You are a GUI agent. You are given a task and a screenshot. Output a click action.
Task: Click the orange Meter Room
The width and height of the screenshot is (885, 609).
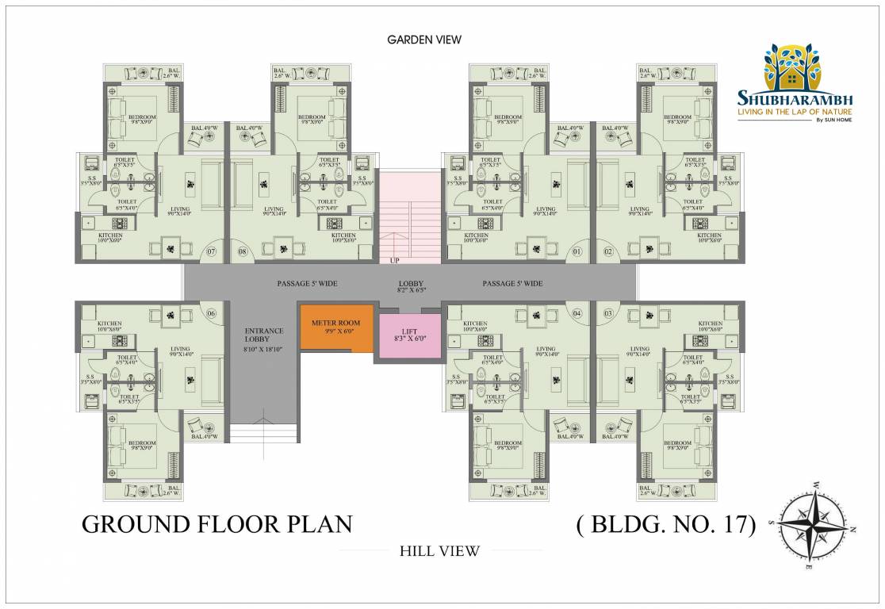click(335, 328)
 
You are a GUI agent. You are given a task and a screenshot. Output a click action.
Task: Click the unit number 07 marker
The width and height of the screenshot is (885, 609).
click(211, 252)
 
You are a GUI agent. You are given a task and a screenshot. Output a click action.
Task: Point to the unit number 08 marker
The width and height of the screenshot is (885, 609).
click(243, 252)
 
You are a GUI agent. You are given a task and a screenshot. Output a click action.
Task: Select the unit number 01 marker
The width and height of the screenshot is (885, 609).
click(577, 252)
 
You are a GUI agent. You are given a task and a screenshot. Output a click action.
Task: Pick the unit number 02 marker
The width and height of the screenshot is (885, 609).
click(609, 252)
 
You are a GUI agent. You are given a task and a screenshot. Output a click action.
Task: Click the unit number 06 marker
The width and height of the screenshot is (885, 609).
click(211, 312)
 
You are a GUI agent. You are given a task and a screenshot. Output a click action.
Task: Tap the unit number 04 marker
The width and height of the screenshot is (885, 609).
click(577, 312)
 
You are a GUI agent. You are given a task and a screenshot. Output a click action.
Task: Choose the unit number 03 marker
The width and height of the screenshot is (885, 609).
click(609, 312)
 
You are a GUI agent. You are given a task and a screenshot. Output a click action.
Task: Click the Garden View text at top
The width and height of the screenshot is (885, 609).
click(423, 39)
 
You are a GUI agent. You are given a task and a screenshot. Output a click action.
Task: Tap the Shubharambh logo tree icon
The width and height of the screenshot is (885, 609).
click(793, 67)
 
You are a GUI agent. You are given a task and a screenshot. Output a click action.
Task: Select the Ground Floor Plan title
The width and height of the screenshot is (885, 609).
click(216, 524)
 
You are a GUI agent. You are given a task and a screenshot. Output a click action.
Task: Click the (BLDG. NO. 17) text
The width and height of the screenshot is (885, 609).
click(664, 524)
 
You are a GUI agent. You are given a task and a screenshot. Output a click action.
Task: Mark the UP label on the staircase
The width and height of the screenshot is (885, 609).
click(393, 260)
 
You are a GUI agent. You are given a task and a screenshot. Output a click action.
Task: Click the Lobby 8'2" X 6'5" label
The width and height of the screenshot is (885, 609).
click(411, 286)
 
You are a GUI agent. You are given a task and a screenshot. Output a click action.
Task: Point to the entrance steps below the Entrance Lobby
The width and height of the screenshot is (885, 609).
click(264, 433)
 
